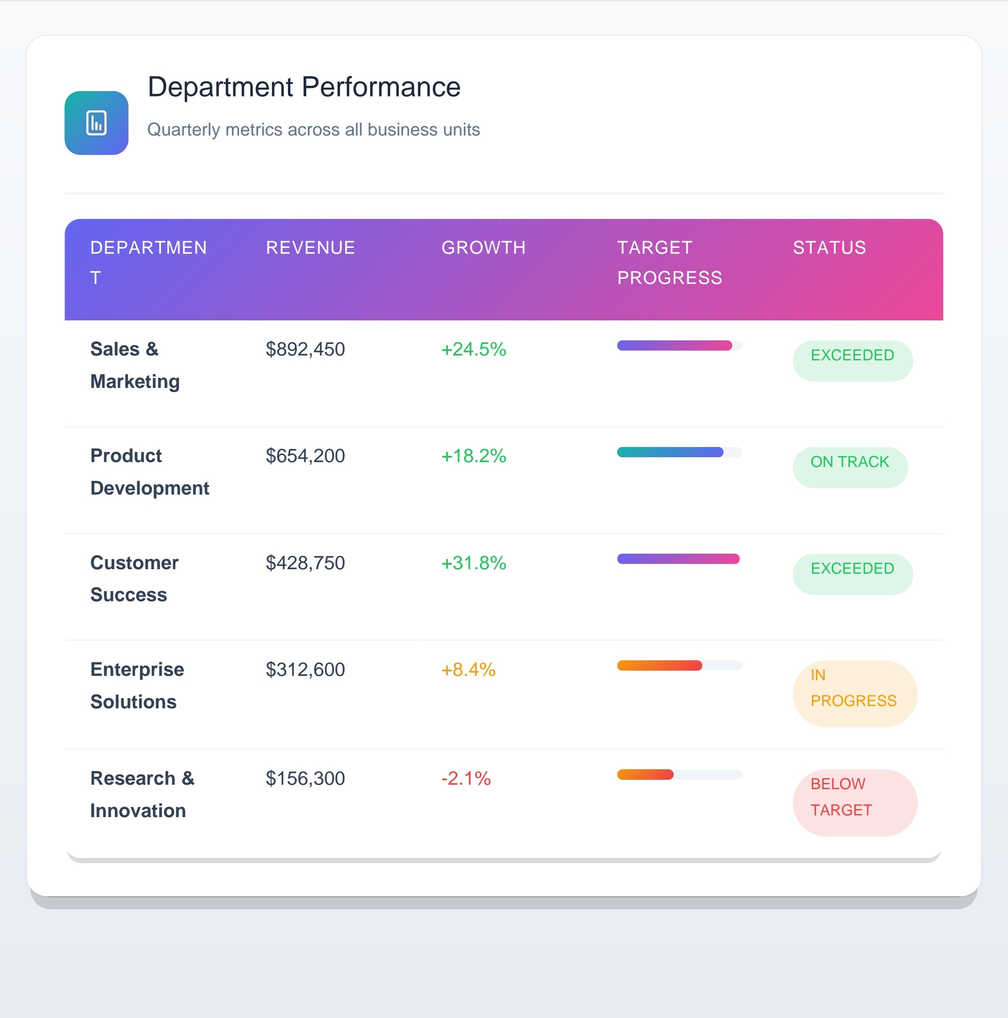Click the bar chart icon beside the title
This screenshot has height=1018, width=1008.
[x=96, y=123]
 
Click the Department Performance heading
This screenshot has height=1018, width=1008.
[x=304, y=87]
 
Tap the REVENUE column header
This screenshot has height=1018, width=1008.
[x=310, y=248]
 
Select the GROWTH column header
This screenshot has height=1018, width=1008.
[x=483, y=248]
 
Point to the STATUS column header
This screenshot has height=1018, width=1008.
[x=829, y=248]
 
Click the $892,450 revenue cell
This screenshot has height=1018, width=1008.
[x=305, y=349]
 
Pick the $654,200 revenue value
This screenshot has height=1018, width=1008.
[x=305, y=456]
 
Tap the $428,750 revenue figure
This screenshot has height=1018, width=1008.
[x=305, y=563]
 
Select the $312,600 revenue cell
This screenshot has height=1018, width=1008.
[x=305, y=670]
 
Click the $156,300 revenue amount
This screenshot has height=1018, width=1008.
[x=305, y=778]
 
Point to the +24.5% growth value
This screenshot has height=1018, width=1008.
[x=473, y=349]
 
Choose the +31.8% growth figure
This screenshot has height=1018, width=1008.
[x=473, y=563]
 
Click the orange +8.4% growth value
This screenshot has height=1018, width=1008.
[x=468, y=670]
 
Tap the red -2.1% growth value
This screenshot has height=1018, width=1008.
[x=466, y=778]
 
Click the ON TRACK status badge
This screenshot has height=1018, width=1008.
[x=849, y=467]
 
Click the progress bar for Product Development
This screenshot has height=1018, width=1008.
[x=679, y=452]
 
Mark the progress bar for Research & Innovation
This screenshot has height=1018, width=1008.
[x=679, y=774]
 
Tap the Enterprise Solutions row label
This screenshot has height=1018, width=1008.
[x=137, y=686]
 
